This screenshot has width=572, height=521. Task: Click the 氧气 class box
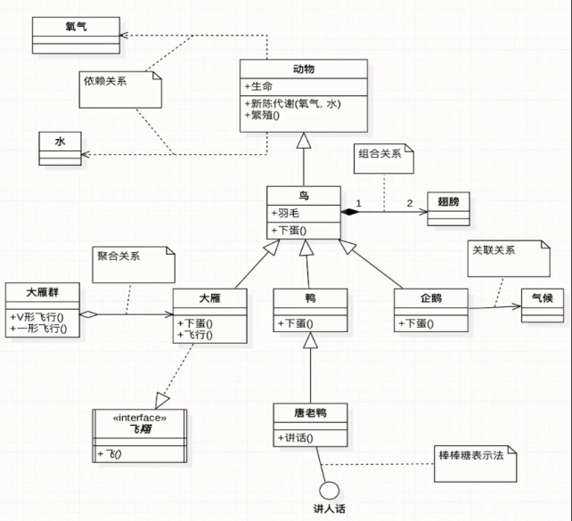coord(76,34)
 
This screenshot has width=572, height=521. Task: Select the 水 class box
coord(61,147)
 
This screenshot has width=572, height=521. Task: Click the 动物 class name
coord(303,69)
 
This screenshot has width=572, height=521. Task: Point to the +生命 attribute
coord(260,85)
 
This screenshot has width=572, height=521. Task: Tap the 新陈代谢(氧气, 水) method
coord(292,102)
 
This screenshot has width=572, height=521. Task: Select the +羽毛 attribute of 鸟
coord(285,213)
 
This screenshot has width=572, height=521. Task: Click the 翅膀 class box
coord(449,208)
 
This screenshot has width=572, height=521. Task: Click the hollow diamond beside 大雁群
coord(88,314)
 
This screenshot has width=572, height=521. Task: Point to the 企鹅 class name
coord(430,298)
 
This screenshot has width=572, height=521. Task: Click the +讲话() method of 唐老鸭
coord(299,437)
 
